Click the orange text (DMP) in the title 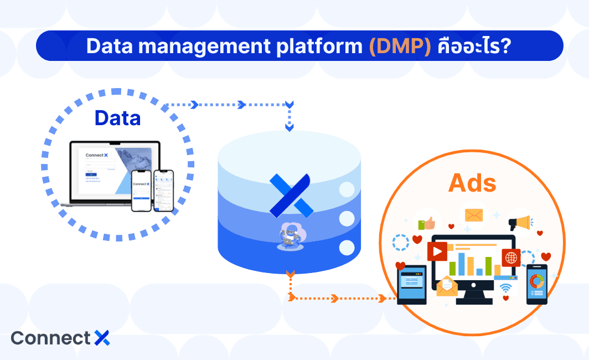coord(400,46)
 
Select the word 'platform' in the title coord(319,47)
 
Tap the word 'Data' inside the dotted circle coord(117,117)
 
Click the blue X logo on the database coord(290,195)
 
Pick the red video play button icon coord(437,251)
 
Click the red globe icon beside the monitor coord(511,258)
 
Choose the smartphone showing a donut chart coord(536,284)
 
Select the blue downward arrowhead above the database coord(289,127)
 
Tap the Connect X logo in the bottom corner coord(60,338)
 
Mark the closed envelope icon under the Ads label coord(474,215)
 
